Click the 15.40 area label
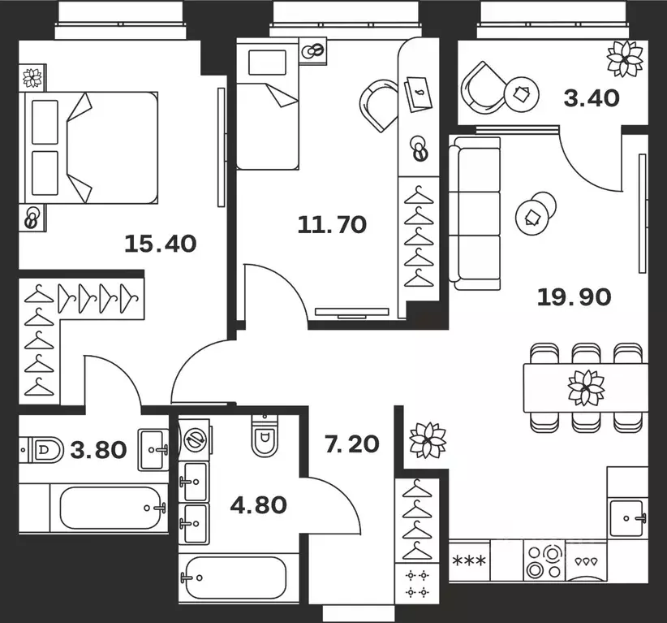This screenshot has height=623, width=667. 161,244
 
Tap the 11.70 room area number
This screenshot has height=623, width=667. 332,224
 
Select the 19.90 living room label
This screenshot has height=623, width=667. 574,296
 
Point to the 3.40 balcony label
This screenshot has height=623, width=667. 592,98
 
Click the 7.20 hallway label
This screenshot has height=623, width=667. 352,443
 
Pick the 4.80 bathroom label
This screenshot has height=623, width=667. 258,505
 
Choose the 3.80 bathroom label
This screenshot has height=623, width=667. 98,450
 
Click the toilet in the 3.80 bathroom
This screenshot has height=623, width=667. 41,450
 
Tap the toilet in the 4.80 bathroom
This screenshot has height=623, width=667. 265,435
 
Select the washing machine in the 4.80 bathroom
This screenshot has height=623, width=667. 194,440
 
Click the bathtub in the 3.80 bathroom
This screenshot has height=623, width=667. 110,508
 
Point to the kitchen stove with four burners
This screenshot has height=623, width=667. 544,560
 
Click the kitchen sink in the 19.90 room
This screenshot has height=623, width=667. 627,518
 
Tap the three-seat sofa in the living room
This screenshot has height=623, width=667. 475,214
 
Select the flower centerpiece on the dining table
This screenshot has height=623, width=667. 586,387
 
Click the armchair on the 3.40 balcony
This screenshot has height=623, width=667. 483,89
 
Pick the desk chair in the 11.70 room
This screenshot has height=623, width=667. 379,105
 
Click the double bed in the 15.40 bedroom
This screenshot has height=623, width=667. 91,148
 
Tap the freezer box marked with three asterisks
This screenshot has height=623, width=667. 469,560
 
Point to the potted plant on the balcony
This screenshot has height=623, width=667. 625,58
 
